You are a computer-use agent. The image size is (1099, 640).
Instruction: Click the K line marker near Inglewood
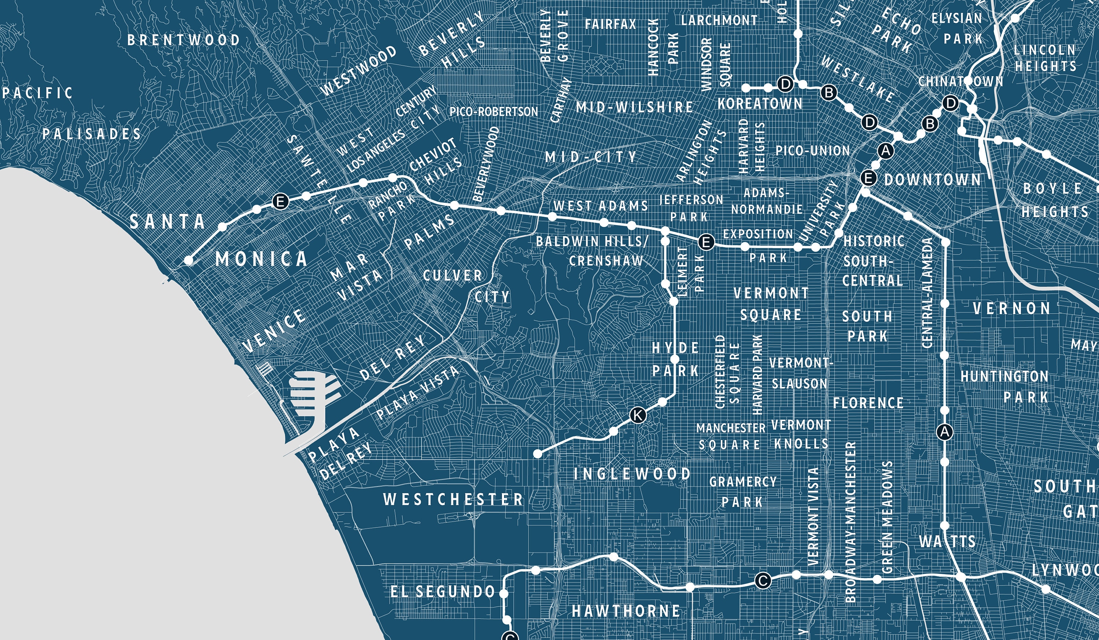pos(637,415)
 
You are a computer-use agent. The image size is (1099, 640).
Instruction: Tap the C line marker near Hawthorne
pos(763,581)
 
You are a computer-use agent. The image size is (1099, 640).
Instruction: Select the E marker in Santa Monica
pos(280,201)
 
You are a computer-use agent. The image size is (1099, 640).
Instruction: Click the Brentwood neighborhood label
pos(184,40)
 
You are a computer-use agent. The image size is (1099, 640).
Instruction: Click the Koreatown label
pos(760,104)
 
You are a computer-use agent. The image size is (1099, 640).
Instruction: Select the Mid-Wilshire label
pos(634,107)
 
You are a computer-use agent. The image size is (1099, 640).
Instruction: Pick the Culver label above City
pos(453,276)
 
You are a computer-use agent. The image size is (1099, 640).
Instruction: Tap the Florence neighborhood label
pos(868,403)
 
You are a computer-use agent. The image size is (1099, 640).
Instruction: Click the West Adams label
pos(600,205)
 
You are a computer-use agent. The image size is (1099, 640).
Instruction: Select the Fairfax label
pos(610,24)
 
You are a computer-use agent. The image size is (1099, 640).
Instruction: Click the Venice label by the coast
pos(274,331)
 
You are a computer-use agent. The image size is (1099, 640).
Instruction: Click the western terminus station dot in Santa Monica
pos(188,260)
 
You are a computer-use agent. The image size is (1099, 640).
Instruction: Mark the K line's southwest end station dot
pos(538,454)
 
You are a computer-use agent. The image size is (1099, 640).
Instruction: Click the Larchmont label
pos(719,21)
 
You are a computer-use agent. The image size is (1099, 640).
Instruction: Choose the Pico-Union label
pos(813,151)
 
